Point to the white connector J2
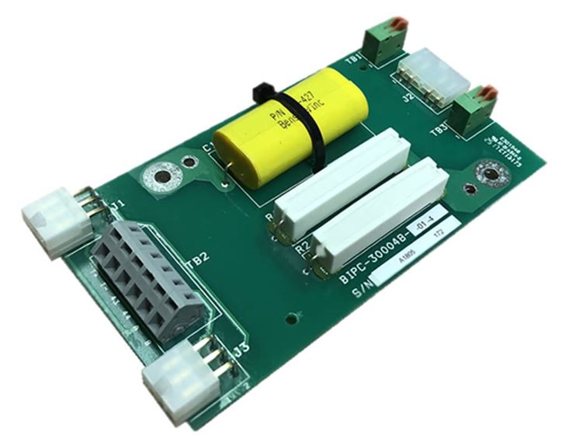click(432, 75)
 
